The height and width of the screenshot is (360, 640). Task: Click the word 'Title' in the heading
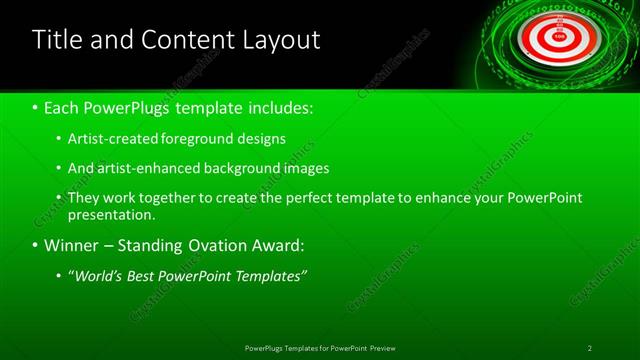pyautogui.click(x=56, y=40)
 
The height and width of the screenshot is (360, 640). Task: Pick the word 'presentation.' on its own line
pyautogui.click(x=112, y=215)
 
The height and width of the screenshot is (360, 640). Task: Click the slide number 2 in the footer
pyautogui.click(x=589, y=348)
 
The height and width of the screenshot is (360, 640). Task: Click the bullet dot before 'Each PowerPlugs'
pyautogui.click(x=35, y=107)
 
